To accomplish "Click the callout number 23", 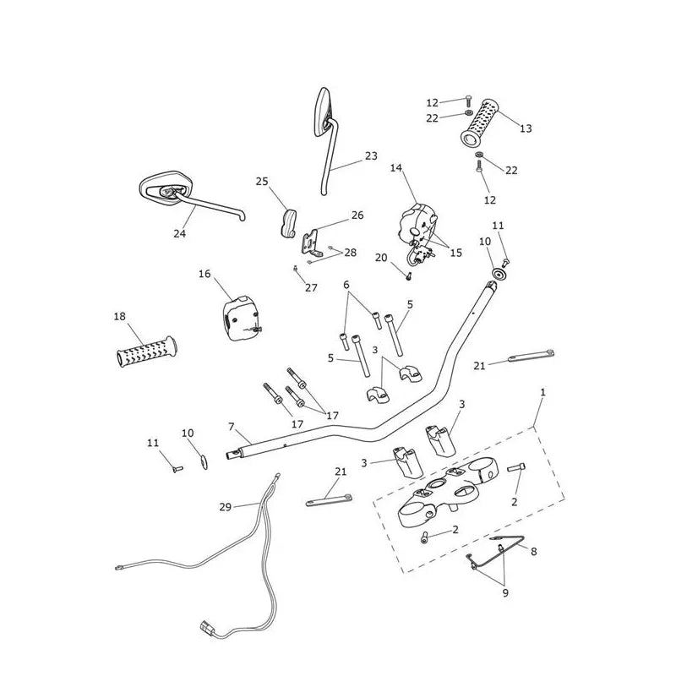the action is [371, 156].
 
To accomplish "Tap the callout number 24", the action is [179, 233].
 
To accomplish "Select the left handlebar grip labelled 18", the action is [146, 352].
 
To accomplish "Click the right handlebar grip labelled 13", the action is [479, 123].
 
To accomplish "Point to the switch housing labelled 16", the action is [242, 319].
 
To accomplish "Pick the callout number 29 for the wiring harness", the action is [225, 507].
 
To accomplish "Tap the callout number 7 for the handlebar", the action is [232, 427].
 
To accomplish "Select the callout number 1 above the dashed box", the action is [542, 392].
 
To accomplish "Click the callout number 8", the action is [534, 552].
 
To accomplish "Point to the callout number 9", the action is [505, 593].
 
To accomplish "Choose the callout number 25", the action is [262, 182].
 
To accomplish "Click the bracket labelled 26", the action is [311, 244].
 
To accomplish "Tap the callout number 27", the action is [311, 288].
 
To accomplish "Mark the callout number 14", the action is [395, 167].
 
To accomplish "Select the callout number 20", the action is [381, 258].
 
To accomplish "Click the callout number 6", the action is [346, 285].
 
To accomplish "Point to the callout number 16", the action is [204, 274].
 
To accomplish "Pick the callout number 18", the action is [119, 316].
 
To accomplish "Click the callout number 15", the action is [455, 253].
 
